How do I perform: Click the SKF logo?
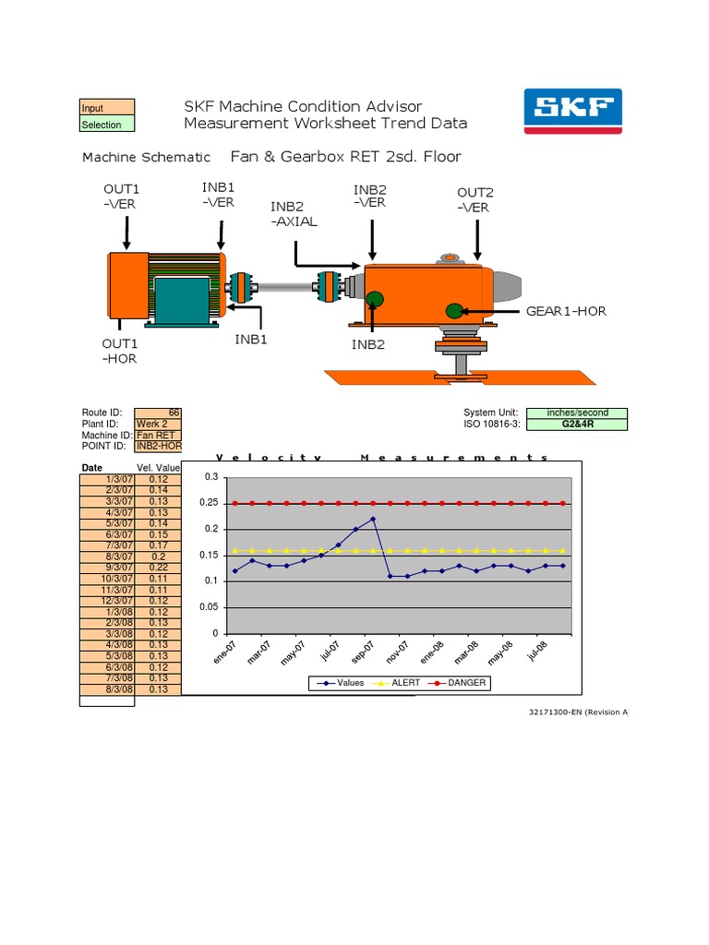572,111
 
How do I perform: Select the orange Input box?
107,107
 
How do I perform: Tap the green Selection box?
107,124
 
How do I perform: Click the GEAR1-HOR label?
566,311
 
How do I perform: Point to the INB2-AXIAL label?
294,214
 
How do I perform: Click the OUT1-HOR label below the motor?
119,351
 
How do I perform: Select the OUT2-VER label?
475,199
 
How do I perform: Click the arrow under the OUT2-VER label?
477,239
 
